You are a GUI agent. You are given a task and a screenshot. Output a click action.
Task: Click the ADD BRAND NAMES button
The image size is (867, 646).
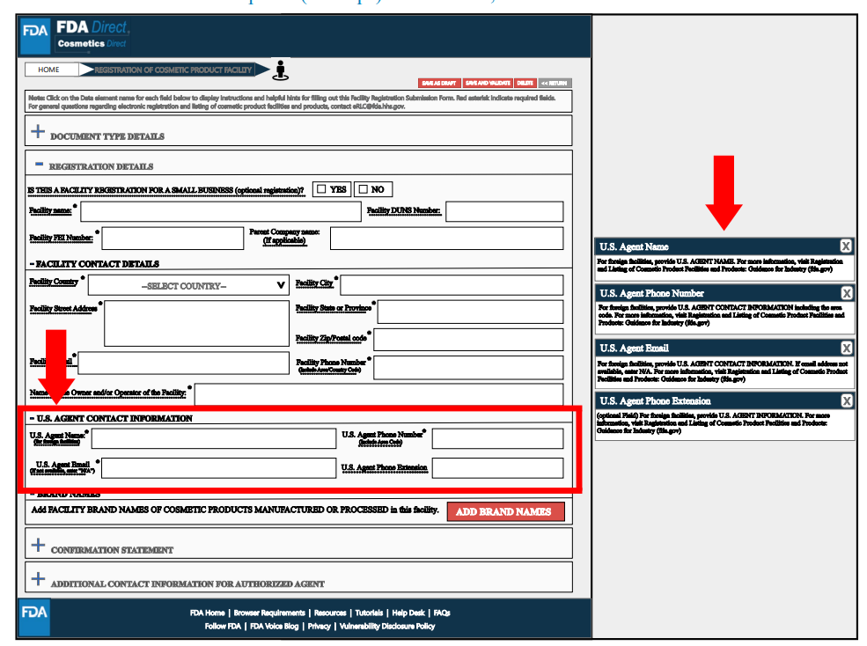(x=505, y=511)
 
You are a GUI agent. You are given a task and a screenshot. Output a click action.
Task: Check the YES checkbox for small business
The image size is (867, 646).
(x=321, y=189)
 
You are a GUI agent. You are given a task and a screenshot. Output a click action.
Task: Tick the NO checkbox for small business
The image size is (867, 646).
(x=363, y=189)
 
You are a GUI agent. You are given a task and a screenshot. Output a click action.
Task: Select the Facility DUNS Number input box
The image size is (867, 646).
(x=504, y=211)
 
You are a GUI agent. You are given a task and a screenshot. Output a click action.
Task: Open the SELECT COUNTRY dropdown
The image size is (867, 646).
(x=188, y=285)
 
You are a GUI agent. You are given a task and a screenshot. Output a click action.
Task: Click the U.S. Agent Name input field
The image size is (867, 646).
(x=213, y=438)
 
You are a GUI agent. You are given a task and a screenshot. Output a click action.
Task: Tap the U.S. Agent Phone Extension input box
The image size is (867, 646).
(x=497, y=468)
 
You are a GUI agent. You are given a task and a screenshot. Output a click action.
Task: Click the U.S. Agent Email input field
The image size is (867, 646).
(x=218, y=468)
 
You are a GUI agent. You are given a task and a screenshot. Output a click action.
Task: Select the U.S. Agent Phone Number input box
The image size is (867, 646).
(x=497, y=438)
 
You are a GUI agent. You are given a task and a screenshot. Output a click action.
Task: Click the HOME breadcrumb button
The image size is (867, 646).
(x=48, y=70)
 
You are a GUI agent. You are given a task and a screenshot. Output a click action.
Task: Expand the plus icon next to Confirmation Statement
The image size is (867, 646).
(x=38, y=546)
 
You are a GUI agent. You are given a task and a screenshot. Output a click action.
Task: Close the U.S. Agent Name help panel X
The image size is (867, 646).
(x=846, y=246)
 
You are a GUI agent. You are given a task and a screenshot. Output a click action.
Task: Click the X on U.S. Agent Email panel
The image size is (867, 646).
(x=846, y=349)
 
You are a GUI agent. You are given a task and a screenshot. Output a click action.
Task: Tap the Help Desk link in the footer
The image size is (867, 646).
(x=408, y=613)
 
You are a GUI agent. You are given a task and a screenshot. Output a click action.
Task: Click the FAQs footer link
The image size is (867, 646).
(x=442, y=613)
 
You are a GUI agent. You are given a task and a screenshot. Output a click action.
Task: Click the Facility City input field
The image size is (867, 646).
(x=451, y=285)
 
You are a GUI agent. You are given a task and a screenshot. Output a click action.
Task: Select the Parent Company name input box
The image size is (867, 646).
(x=446, y=238)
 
